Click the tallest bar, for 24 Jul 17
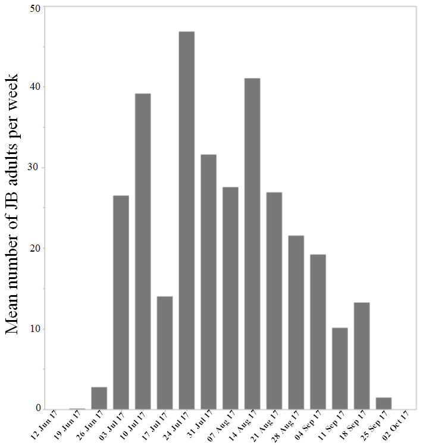coord(186,220)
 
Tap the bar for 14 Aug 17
coord(252,244)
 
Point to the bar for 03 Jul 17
coord(121,302)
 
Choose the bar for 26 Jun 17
coord(99,398)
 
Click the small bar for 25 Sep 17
coord(384,403)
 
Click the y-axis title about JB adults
coord(15,205)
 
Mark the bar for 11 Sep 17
coord(340,368)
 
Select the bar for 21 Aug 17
coord(274,300)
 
